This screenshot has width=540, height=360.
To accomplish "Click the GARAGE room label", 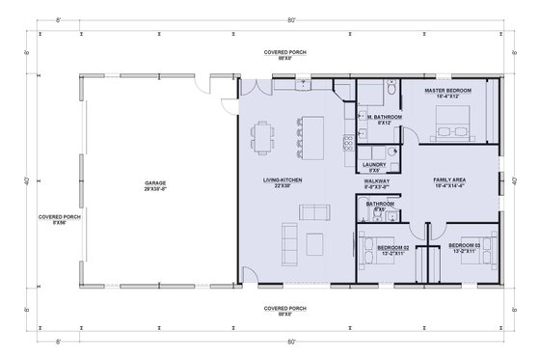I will click(x=156, y=183).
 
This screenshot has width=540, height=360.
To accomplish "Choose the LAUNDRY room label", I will click(x=375, y=167).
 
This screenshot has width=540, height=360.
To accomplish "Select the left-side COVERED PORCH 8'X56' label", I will click(x=59, y=219).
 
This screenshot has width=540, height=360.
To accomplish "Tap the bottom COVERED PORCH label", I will click(x=287, y=309).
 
